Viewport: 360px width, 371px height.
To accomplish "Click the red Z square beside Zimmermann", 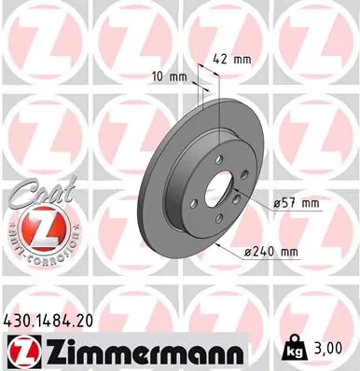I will pos(20,351).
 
